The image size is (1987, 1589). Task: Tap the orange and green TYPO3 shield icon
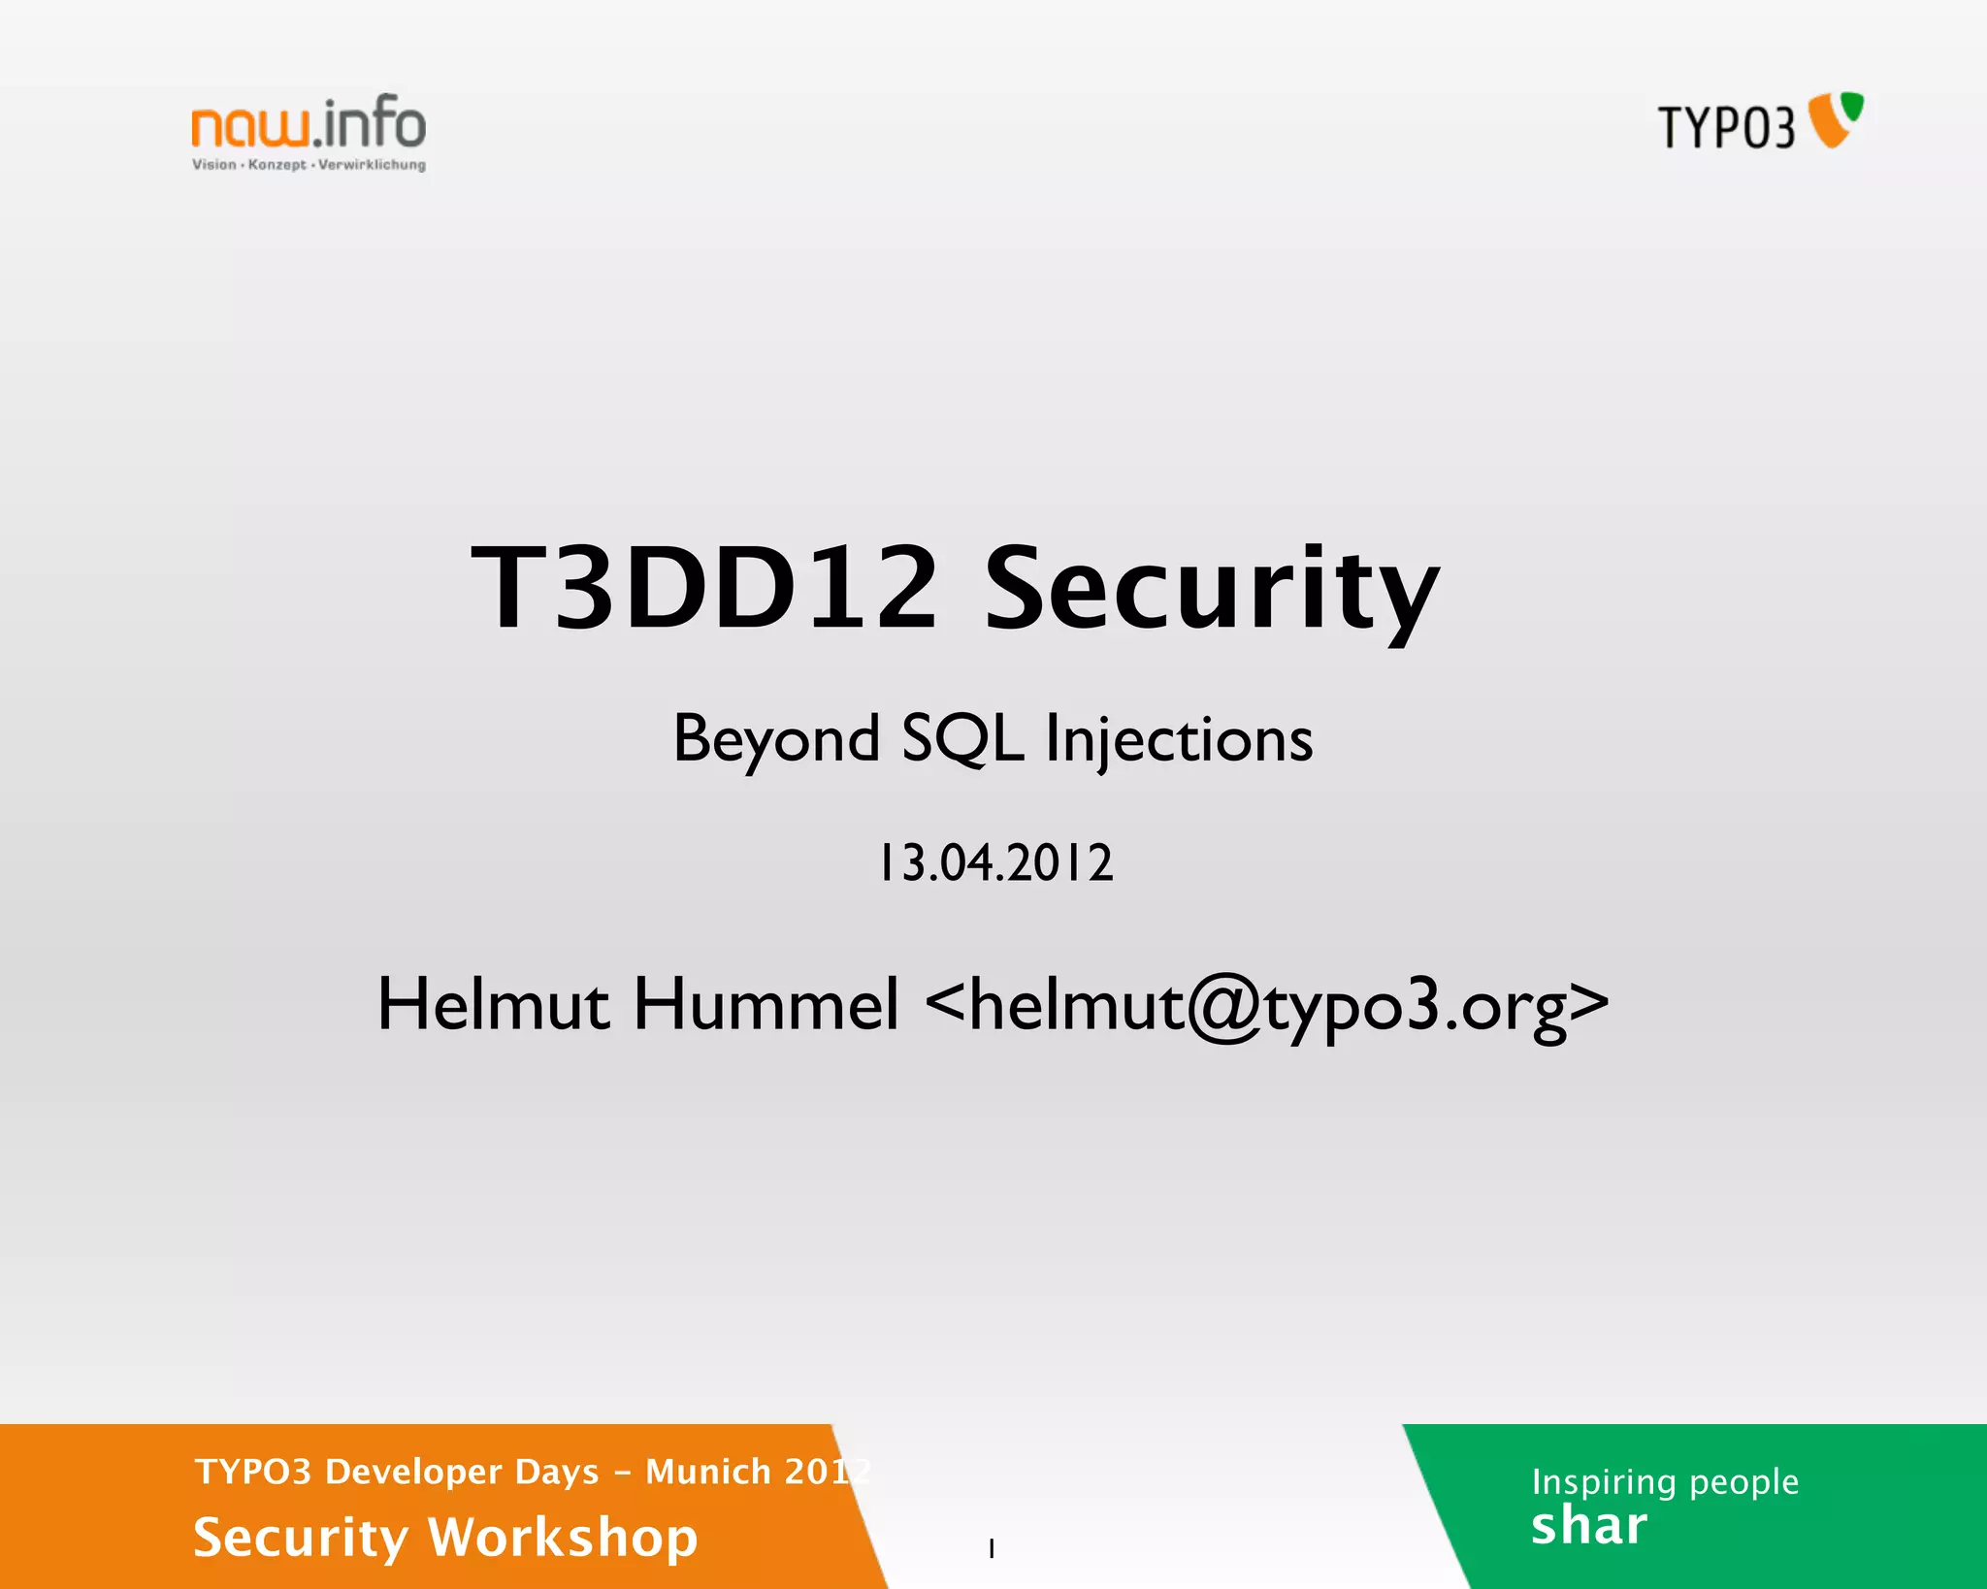pos(1837,119)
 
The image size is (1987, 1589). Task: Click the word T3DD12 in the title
pos(704,588)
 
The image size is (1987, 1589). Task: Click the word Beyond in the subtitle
pos(776,740)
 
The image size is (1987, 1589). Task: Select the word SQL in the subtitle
pos(961,740)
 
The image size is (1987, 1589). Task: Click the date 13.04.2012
pos(995,862)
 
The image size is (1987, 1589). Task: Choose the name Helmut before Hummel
pos(494,1004)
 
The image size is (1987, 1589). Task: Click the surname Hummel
pos(766,1004)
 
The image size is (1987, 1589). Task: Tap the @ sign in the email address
pos(1224,1007)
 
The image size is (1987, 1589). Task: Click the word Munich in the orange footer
pos(708,1472)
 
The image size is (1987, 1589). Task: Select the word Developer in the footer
pos(462,1473)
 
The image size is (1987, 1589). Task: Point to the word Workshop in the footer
pos(563,1538)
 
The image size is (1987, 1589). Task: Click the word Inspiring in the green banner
pos(1604,1482)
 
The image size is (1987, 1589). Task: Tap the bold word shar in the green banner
pos(1588,1526)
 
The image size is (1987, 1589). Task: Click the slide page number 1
pos(992,1548)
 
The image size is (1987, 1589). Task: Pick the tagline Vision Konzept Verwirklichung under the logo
pos(309,165)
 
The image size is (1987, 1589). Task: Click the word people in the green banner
pos(1743,1482)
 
